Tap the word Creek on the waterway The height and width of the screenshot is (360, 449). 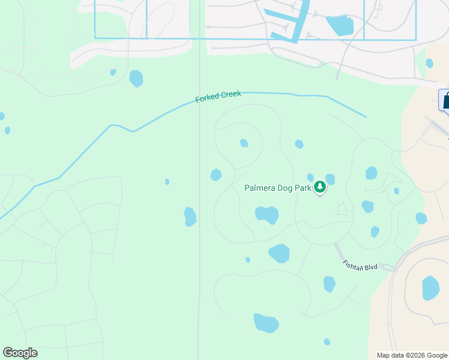coord(231,94)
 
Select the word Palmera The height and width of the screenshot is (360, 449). coord(259,188)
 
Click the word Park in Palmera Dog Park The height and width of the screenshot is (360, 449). coord(304,188)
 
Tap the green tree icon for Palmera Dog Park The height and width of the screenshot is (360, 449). coord(321,187)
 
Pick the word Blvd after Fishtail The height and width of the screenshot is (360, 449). coord(370,267)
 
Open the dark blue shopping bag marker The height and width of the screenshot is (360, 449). coord(445,100)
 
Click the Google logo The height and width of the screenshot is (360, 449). coord(20,353)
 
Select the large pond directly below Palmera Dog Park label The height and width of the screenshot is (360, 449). coord(267,214)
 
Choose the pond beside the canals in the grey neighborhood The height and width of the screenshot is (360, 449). coord(340,25)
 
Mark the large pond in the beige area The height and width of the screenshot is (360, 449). coord(430,288)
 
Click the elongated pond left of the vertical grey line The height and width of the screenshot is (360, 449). coord(190,217)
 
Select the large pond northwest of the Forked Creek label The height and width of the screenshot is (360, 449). coord(136,79)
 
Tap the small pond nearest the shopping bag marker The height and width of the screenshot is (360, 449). coord(429,63)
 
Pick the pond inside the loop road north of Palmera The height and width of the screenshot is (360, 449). coord(244,143)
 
